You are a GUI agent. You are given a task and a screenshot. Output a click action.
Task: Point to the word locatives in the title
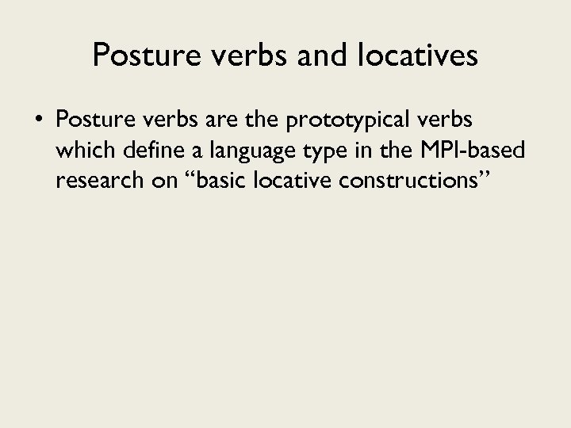pyautogui.click(x=403, y=55)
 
